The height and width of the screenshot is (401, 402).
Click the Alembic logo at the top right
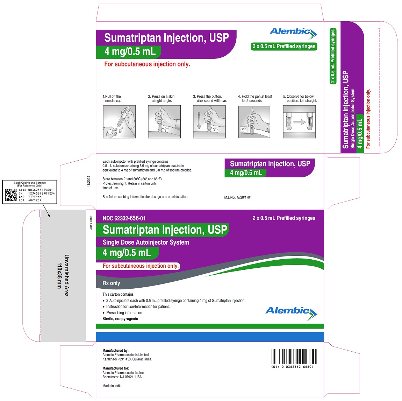[x=293, y=33]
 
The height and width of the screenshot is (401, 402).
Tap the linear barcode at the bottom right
[x=294, y=357]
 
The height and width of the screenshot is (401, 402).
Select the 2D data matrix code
[x=11, y=195]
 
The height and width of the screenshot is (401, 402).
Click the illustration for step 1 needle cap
[x=119, y=122]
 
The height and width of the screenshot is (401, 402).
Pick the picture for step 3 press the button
[x=209, y=122]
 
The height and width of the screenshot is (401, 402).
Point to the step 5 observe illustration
[x=299, y=122]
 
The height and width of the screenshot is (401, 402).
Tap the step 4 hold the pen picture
[x=254, y=122]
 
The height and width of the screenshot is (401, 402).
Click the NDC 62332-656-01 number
[x=124, y=218]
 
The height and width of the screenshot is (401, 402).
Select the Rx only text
[x=111, y=283]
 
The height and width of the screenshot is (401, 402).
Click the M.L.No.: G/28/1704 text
[x=238, y=197]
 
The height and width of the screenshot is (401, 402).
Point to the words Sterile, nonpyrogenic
[x=120, y=319]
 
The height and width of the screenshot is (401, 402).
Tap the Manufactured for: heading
[x=116, y=368]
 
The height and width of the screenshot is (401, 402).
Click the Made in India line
[x=112, y=386]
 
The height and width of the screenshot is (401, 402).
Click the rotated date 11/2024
[x=88, y=181]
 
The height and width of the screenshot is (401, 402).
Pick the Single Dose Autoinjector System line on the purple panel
[x=146, y=242]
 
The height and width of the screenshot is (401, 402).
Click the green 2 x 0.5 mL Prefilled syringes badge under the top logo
[x=284, y=46]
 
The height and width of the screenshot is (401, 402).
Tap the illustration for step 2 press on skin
[x=164, y=122]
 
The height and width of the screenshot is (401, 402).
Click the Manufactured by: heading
[x=115, y=350]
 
